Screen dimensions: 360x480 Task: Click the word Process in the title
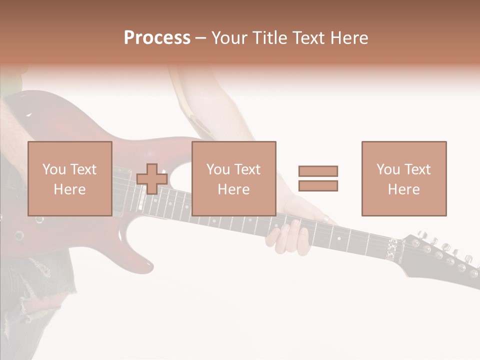157,38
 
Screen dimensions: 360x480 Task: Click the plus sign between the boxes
152,179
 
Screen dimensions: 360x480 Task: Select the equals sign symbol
318,178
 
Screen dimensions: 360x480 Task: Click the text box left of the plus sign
69,178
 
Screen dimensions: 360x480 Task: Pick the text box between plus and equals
233,178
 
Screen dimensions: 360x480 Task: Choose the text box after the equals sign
403,178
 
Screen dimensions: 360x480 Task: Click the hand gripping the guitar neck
290,235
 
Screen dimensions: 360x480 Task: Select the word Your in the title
228,38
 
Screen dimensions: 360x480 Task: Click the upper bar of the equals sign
318,171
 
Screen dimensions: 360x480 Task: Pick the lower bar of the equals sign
318,186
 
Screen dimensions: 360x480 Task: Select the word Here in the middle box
233,189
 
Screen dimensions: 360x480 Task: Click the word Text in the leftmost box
83,169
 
